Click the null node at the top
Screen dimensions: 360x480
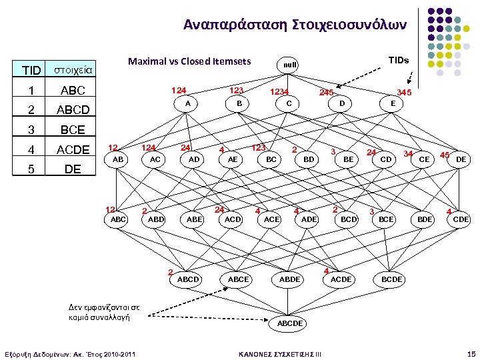pos(290,65)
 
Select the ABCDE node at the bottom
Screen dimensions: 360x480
pos(290,323)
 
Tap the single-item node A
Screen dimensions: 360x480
pos(188,103)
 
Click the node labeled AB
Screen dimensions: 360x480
pos(118,160)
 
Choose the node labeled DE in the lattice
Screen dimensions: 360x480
pos(461,160)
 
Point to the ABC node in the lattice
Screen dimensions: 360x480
pos(118,219)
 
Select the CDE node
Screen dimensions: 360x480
pos(461,219)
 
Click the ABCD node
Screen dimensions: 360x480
pos(188,279)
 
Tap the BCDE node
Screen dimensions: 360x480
pos(392,279)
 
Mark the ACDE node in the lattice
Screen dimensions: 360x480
pos(341,279)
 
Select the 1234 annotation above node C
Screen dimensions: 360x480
pos(279,93)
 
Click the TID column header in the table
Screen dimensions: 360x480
pos(31,70)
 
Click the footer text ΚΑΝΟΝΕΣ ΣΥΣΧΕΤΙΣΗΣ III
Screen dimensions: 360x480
pos(280,353)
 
